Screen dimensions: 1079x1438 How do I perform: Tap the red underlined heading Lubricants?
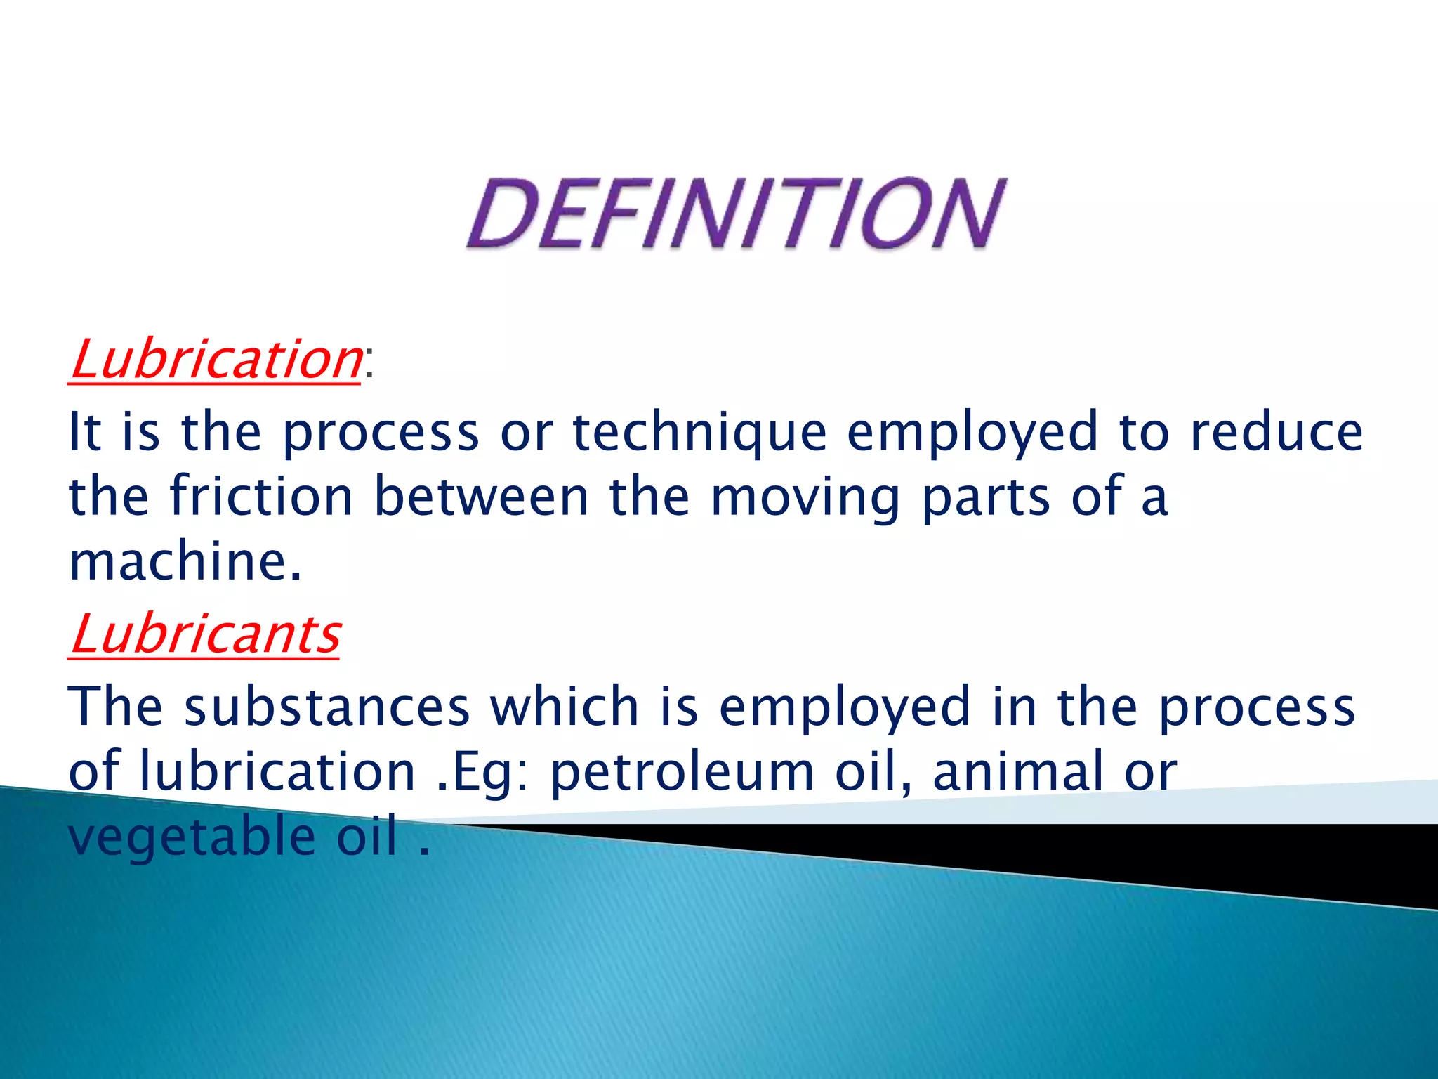point(204,634)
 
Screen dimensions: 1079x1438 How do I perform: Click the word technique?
point(699,433)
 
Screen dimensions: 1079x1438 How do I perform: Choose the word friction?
point(261,497)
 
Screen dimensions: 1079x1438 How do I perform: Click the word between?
point(481,497)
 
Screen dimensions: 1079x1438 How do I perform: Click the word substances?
point(326,707)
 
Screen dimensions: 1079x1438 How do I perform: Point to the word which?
point(565,707)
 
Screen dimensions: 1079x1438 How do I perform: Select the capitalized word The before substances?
point(115,707)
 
